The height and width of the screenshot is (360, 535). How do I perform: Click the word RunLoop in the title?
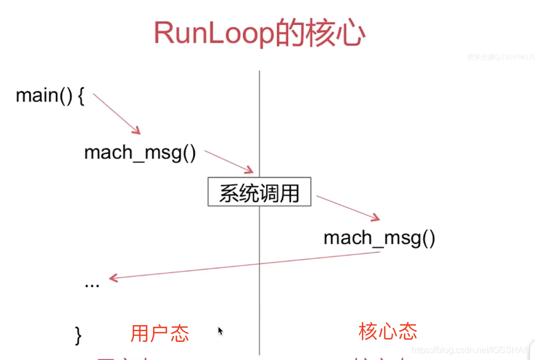tap(213, 34)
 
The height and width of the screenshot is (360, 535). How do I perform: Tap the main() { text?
tap(50, 96)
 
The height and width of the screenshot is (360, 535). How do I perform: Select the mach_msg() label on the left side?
tap(140, 153)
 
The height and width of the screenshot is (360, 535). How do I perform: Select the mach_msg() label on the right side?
tap(379, 238)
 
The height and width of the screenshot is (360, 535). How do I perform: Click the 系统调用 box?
tap(259, 192)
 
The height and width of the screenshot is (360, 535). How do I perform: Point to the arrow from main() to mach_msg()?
tap(117, 113)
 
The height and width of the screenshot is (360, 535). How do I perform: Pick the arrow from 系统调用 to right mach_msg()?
tap(348, 208)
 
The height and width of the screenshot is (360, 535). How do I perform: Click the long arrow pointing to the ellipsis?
tap(246, 266)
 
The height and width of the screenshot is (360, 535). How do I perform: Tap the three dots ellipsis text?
tap(92, 285)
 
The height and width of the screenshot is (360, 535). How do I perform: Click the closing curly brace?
tap(78, 334)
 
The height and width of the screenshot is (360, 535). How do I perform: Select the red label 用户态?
tap(159, 333)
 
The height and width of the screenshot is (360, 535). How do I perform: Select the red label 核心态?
tap(388, 331)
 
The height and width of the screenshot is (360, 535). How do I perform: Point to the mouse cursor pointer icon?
tap(221, 331)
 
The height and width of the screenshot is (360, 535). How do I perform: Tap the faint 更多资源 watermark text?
tap(500, 57)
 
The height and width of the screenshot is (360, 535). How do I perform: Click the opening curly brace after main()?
tap(81, 96)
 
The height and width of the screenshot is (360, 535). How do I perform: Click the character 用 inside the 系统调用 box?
tap(289, 193)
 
